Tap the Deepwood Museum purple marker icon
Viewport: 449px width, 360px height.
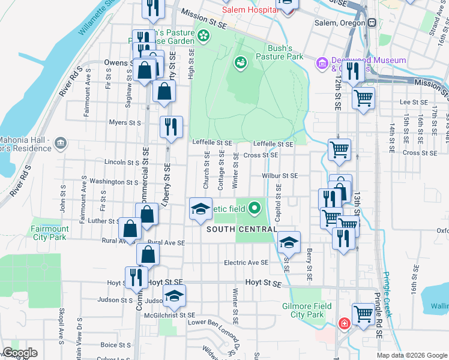322,62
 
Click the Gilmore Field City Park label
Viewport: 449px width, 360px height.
311,310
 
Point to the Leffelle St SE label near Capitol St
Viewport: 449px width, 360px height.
273,144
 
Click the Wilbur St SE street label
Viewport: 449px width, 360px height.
280,176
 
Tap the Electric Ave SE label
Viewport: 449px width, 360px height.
246,263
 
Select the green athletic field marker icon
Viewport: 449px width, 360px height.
255,208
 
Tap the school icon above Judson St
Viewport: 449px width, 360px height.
174,296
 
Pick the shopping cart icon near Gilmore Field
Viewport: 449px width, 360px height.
363,313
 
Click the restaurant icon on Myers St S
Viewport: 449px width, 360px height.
171,127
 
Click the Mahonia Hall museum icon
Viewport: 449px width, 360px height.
60,143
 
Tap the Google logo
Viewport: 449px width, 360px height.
20,353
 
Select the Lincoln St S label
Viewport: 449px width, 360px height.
122,162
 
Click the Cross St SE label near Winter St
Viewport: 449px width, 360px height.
261,155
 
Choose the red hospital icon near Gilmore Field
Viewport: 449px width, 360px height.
345,323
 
